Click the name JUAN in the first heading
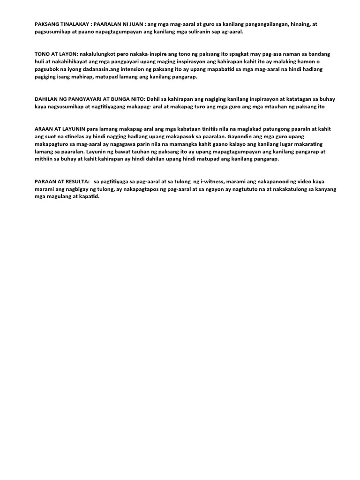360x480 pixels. pyautogui.click(x=137, y=24)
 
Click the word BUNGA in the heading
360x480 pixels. pyautogui.click(x=121, y=99)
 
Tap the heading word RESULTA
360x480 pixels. pyautogui.click(x=74, y=181)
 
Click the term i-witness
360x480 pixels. pyautogui.click(x=212, y=181)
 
